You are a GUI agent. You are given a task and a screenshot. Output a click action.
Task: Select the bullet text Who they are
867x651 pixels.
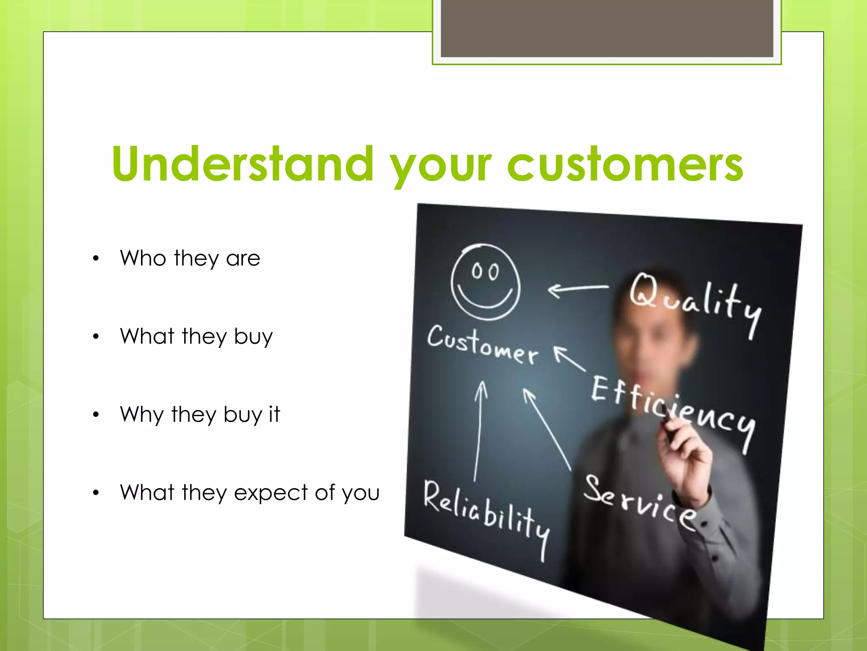click(x=190, y=258)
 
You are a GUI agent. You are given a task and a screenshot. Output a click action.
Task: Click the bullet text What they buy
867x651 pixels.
click(x=196, y=337)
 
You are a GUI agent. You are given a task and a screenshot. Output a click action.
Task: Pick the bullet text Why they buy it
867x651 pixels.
click(x=200, y=415)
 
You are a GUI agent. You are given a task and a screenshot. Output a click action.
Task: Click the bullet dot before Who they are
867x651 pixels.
click(x=96, y=259)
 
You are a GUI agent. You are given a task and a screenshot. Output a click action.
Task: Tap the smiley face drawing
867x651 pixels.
click(x=485, y=282)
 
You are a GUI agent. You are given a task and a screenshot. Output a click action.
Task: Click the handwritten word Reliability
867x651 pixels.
click(x=487, y=515)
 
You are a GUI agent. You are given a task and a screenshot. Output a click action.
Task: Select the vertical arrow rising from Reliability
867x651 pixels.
click(x=478, y=430)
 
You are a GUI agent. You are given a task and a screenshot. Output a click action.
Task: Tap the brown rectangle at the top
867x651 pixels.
click(x=607, y=28)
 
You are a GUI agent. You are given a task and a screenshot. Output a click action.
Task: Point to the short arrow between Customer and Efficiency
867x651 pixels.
click(x=569, y=358)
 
